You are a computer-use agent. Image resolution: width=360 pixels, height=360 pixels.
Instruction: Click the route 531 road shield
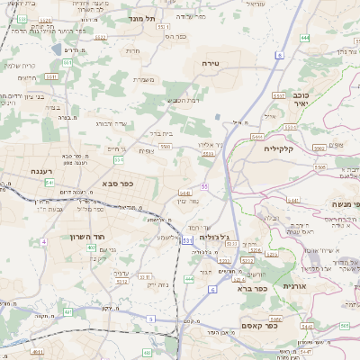[186, 240]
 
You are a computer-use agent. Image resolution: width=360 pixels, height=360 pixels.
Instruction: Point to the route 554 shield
[119, 159]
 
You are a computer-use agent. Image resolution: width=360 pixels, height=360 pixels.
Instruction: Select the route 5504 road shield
[208, 155]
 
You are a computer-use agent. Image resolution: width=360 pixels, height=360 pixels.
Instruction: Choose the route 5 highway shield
[150, 319]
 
